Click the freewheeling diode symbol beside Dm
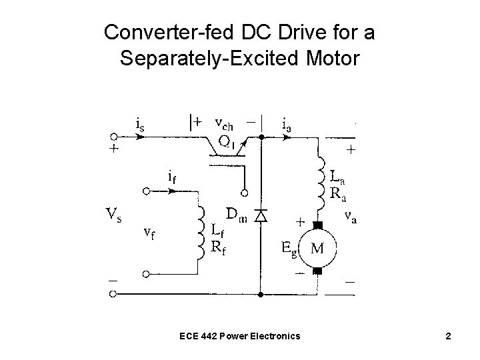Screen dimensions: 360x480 tap(261, 215)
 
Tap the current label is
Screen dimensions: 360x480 tap(139, 123)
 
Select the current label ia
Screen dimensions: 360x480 tap(286, 123)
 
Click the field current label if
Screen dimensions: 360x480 tap(171, 177)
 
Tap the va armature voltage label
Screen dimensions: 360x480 tap(349, 217)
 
